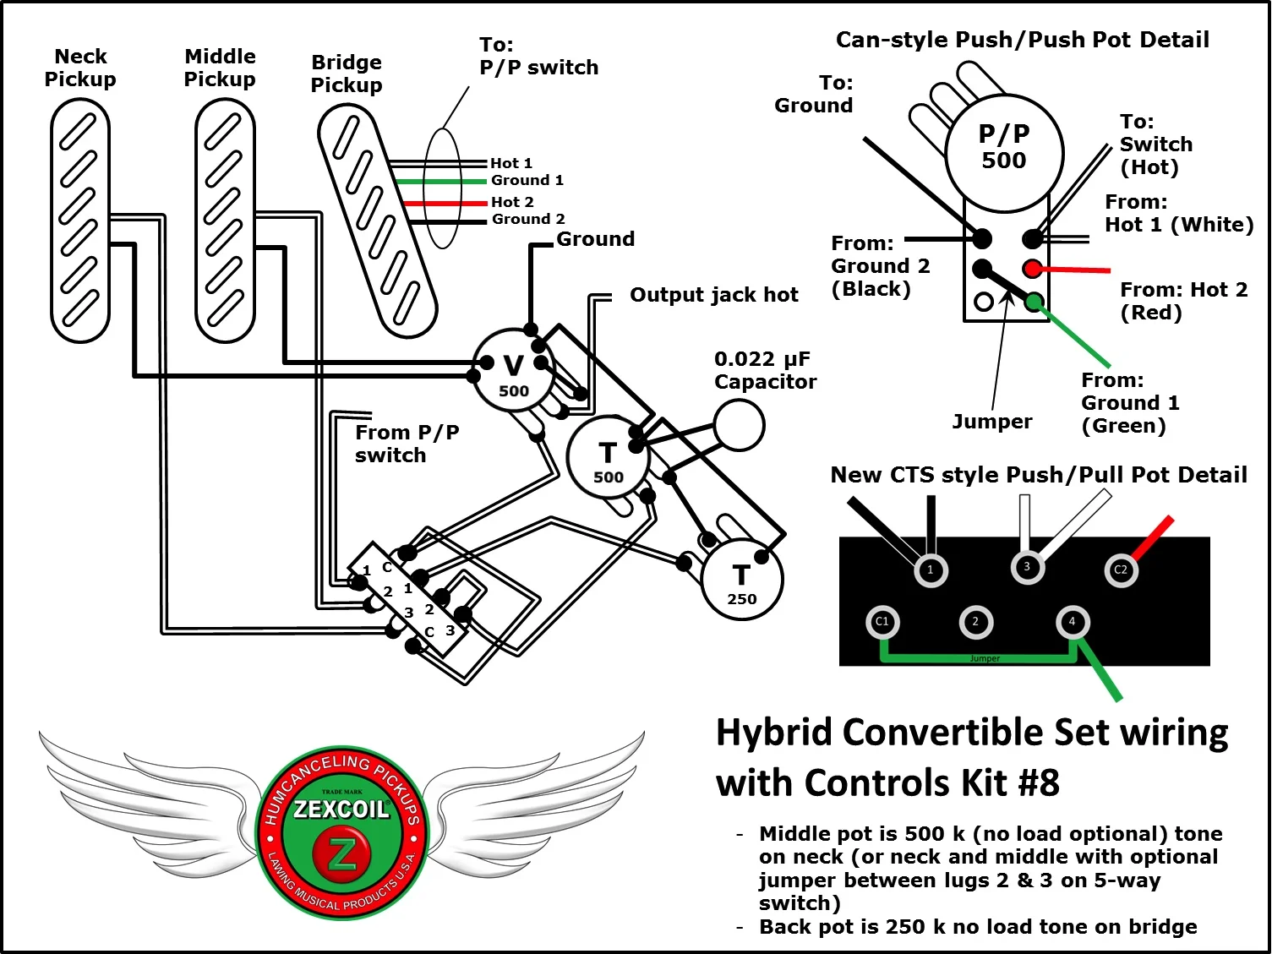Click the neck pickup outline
click(x=80, y=220)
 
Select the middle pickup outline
click(x=225, y=220)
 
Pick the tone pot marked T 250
click(x=741, y=581)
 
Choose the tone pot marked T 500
click(x=608, y=459)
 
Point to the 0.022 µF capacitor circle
click(x=739, y=424)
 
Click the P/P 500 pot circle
click(x=1004, y=150)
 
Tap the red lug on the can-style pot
click(x=1032, y=269)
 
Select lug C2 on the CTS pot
click(x=1121, y=570)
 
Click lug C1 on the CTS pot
click(x=882, y=622)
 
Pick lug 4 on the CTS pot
click(x=1072, y=622)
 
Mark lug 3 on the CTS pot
click(x=1026, y=567)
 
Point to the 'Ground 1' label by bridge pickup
click(x=527, y=180)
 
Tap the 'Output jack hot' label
click(x=713, y=295)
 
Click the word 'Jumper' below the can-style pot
click(x=991, y=422)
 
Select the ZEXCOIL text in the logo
click(x=341, y=810)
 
